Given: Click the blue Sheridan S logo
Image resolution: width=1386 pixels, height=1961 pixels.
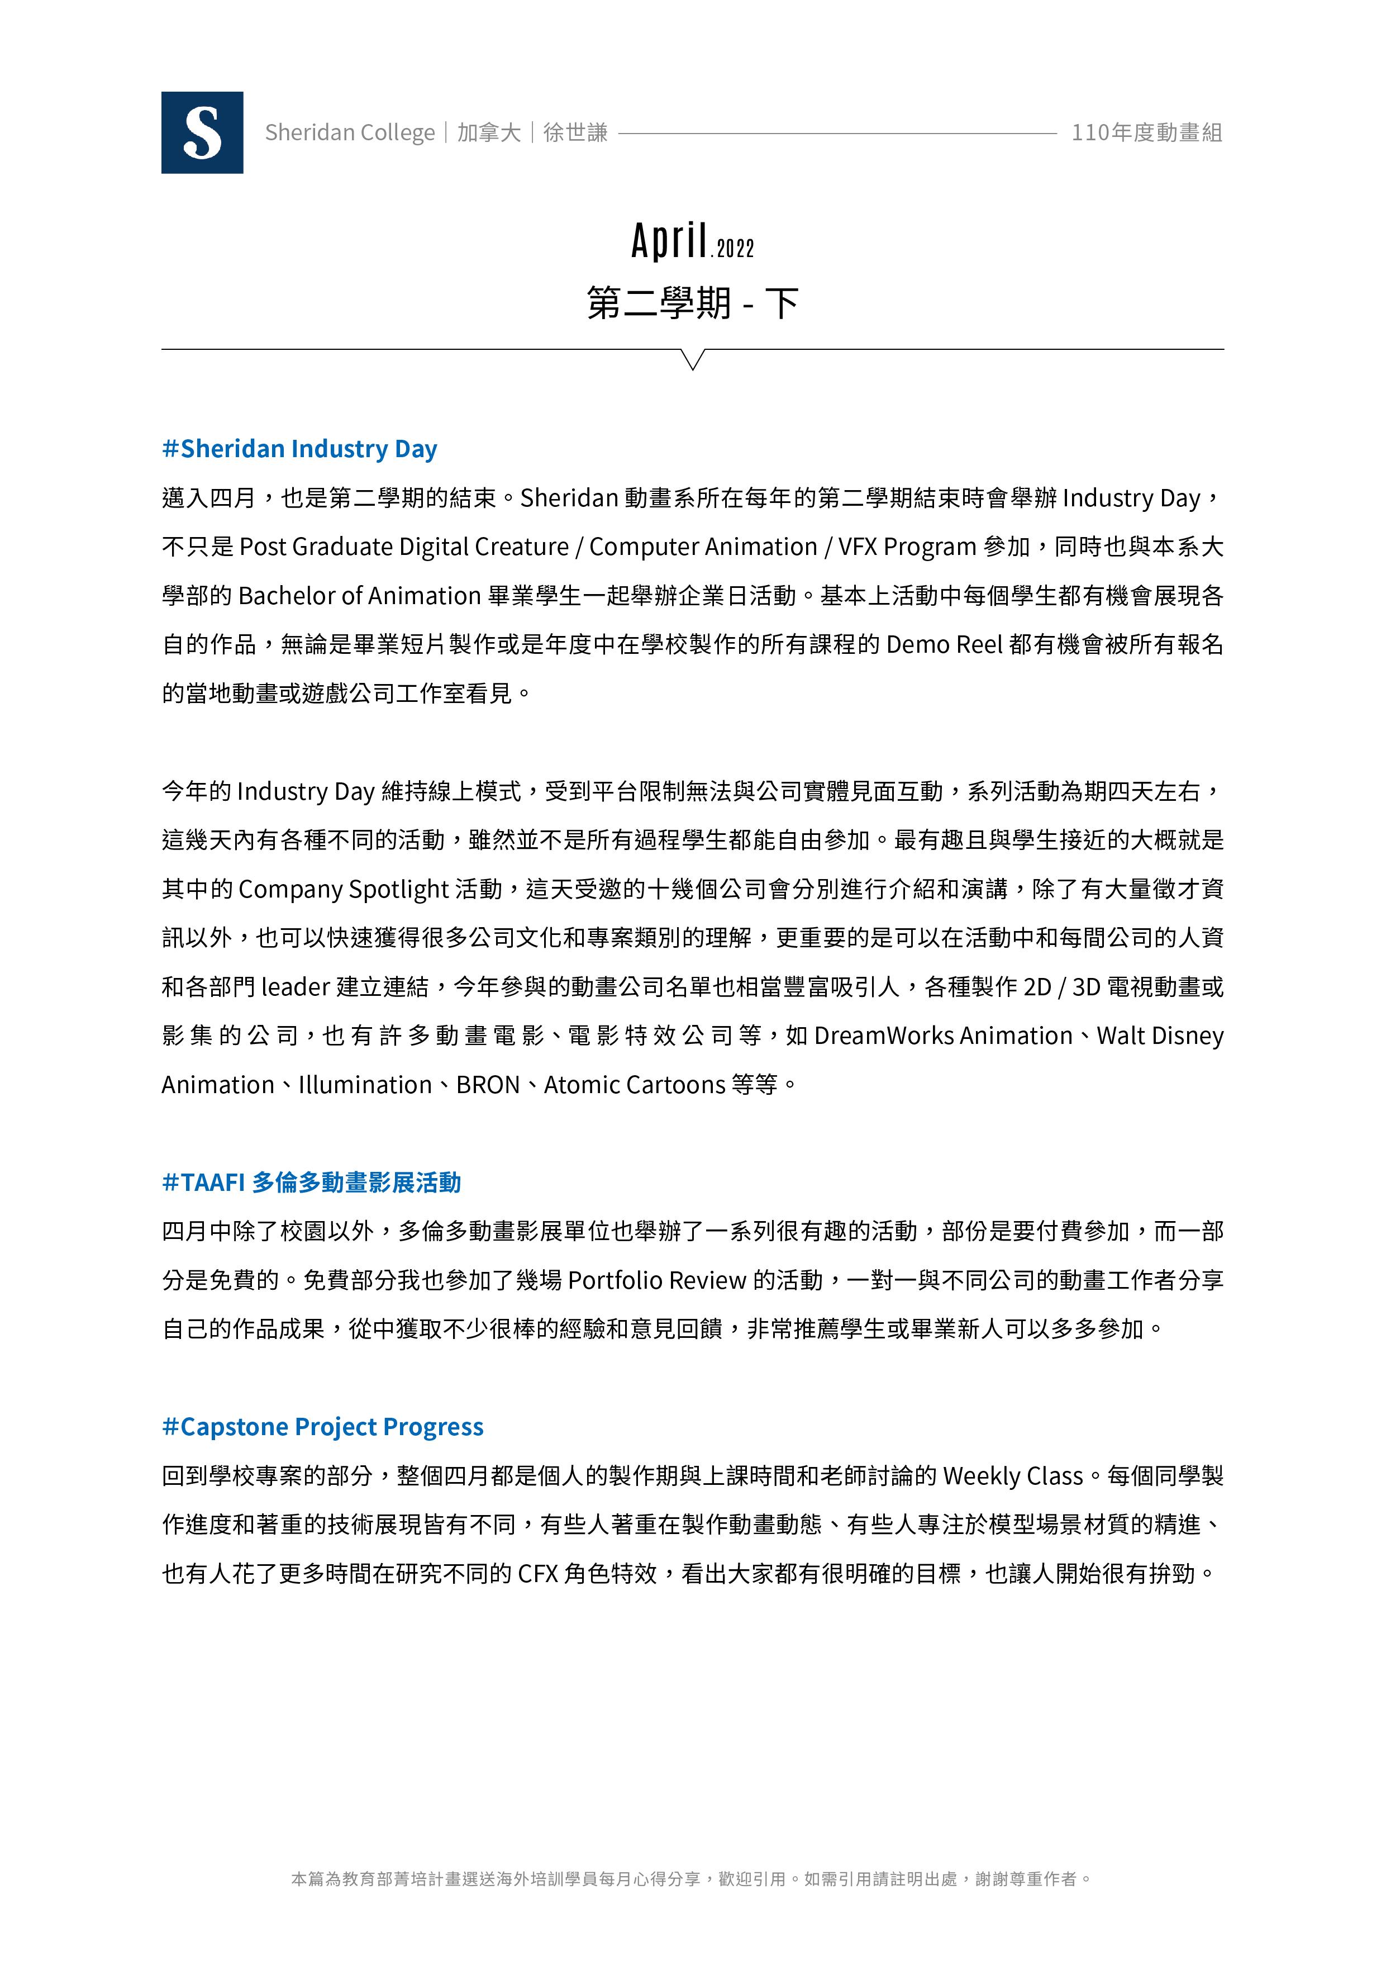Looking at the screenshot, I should [x=202, y=132].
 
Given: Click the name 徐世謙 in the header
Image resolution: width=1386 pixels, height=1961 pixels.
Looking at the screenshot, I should [x=575, y=132].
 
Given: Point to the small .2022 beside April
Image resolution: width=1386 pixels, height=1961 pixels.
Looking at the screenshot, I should [x=734, y=249].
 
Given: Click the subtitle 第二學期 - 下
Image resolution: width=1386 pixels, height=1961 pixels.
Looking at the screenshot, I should [x=693, y=303].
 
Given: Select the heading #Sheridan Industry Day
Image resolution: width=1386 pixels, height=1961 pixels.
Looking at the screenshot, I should [x=300, y=448].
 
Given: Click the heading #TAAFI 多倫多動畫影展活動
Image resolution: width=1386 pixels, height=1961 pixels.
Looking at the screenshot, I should [x=312, y=1182].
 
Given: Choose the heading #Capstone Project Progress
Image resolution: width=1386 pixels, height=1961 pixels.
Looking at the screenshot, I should [x=323, y=1426].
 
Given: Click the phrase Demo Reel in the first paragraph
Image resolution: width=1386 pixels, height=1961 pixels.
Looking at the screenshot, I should [x=944, y=644].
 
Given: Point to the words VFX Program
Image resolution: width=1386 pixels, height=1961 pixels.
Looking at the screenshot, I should [x=907, y=547].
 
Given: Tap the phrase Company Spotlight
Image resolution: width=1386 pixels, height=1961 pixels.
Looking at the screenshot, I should [x=344, y=889].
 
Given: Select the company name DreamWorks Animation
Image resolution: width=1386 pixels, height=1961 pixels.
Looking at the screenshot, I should [x=943, y=1035].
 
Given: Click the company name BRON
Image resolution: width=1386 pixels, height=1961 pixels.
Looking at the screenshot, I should [x=488, y=1085].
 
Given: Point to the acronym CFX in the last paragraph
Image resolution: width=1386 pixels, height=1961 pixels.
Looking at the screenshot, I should [x=537, y=1573].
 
